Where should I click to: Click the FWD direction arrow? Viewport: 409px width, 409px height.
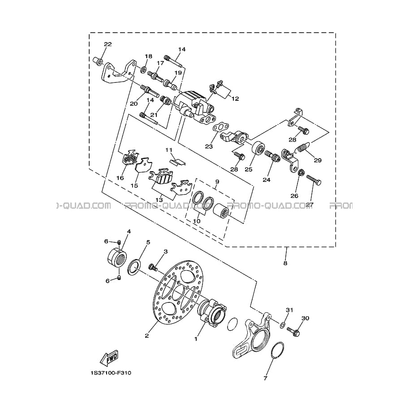coord(109,357)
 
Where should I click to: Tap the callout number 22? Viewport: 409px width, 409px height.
coord(108,44)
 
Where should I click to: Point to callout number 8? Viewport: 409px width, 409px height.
coord(285,263)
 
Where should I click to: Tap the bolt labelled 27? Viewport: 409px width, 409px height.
coord(314,180)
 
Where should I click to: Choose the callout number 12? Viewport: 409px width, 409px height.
coord(235,99)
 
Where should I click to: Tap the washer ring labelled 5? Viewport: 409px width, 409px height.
coord(134,267)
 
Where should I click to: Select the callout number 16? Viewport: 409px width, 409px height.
coord(120,178)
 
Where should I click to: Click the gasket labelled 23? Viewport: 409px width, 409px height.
coord(221,127)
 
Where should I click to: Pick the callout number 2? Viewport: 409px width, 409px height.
coord(147,336)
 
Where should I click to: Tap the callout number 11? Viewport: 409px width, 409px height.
coord(169,150)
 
